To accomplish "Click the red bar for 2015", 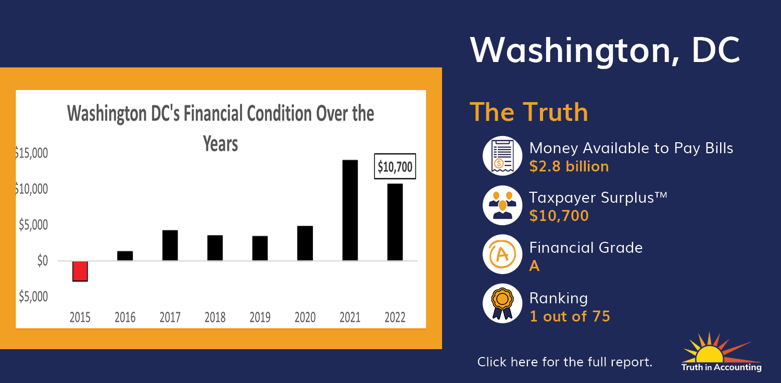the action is [80, 271].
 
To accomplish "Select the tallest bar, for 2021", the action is [350, 211].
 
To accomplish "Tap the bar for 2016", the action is [125, 256].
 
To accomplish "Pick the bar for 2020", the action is [305, 243].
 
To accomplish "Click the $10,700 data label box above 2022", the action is [395, 166].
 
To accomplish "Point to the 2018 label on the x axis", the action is [215, 317].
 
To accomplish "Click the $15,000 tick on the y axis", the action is [31, 153].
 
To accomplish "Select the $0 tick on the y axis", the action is [43, 261].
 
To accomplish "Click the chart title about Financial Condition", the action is [220, 128].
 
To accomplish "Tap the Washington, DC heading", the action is [605, 50].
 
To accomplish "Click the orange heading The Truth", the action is [529, 112].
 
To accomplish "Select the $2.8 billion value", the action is [569, 166].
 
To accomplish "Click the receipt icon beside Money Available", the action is [502, 156].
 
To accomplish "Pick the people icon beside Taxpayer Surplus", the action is [502, 205].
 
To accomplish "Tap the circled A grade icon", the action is [502, 254].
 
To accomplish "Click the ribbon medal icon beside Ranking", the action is [502, 303].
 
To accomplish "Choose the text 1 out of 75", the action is [570, 316].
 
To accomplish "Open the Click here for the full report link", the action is [564, 362].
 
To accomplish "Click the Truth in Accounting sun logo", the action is [721, 352].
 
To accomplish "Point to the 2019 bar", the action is [260, 249].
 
